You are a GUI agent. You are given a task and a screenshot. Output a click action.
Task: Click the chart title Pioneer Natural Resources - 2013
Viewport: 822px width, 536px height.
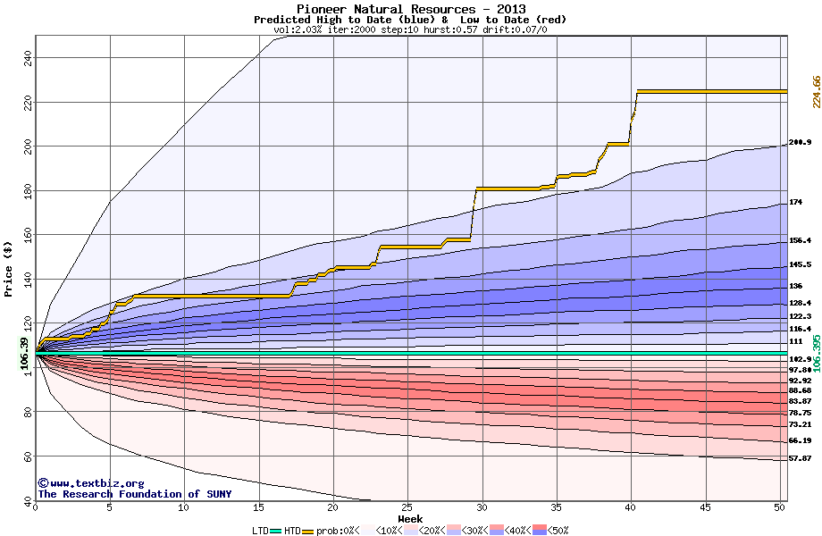[x=411, y=9]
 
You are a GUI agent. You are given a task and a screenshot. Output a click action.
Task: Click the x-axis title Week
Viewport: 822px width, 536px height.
[x=410, y=519]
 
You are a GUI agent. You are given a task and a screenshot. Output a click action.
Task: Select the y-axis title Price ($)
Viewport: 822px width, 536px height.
[x=9, y=269]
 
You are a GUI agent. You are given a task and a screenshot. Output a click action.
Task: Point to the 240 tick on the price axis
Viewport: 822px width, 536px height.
[x=27, y=55]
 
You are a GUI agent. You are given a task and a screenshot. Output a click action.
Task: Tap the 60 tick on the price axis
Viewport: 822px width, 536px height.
[x=27, y=456]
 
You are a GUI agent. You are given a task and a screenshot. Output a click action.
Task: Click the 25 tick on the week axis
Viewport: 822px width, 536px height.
[x=407, y=507]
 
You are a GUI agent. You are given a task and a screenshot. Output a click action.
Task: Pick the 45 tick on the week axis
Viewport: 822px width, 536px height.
[x=705, y=507]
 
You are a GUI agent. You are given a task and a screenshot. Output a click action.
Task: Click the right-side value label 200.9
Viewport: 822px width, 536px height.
[x=800, y=143]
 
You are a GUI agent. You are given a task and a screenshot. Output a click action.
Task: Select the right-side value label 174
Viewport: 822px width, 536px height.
[x=795, y=202]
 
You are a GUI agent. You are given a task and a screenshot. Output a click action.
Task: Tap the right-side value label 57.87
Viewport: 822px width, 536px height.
[x=800, y=458]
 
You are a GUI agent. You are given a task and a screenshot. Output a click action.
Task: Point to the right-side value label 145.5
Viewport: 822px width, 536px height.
[x=800, y=265]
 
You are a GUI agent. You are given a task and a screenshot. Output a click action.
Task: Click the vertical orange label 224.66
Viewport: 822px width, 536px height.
[x=816, y=92]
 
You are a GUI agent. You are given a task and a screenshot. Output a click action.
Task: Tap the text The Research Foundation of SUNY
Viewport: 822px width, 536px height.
[x=134, y=494]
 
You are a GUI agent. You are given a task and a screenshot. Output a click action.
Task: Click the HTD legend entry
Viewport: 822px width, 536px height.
[x=292, y=531]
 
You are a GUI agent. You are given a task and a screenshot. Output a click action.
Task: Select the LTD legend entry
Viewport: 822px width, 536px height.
[x=261, y=531]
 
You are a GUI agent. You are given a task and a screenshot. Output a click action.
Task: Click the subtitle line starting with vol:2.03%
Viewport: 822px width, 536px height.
[x=410, y=29]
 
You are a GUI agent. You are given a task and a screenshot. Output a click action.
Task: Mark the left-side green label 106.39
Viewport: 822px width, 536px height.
[x=24, y=354]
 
